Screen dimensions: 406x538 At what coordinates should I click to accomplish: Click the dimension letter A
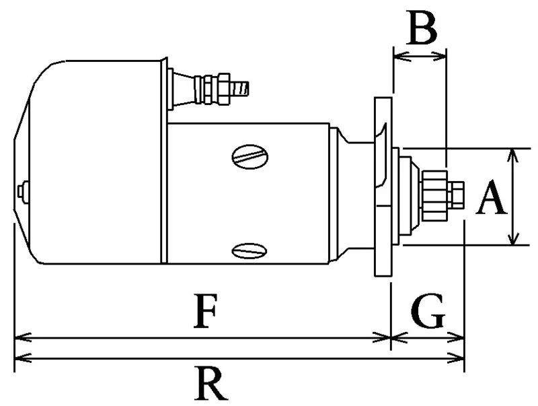[x=490, y=200]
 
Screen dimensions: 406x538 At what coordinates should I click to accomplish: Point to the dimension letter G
[x=427, y=311]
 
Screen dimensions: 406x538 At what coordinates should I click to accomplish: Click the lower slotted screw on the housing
[x=249, y=252]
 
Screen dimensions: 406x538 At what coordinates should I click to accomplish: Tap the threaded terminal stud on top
[x=238, y=87]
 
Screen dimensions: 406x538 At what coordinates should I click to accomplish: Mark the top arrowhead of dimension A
[x=513, y=154]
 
